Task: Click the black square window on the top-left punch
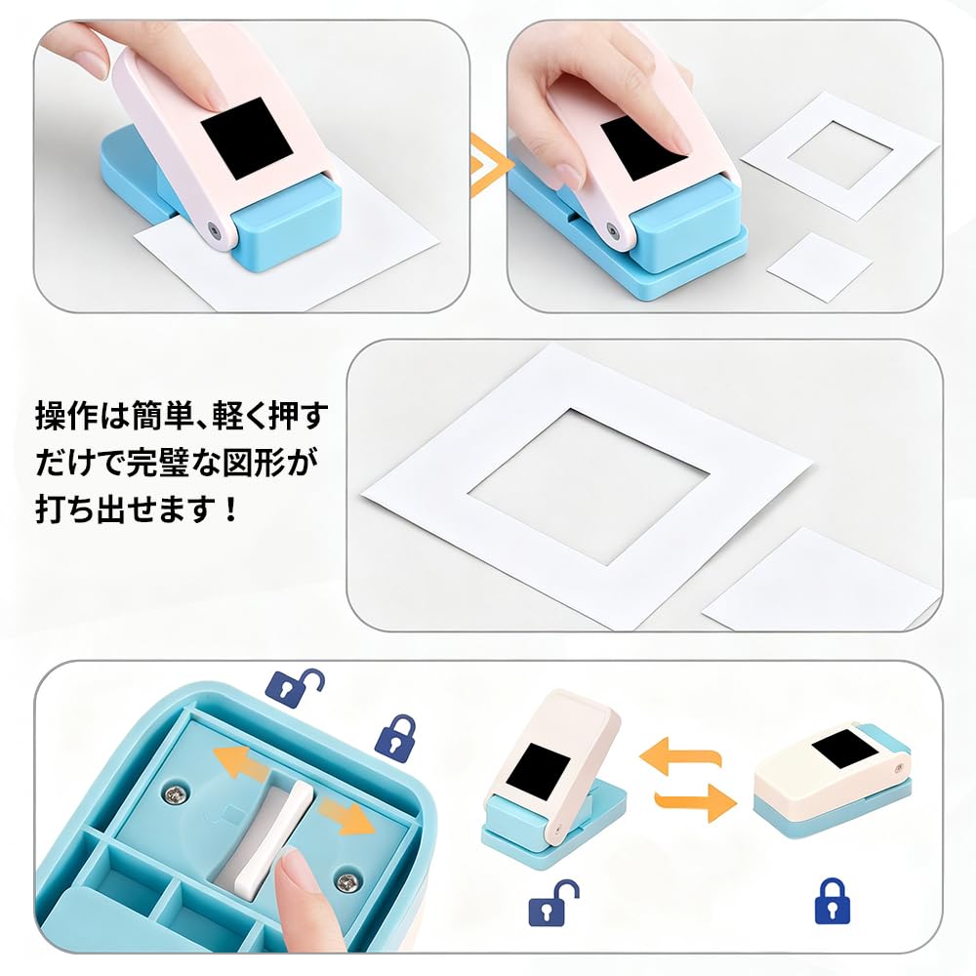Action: (247, 138)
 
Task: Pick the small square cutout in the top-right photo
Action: (818, 265)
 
